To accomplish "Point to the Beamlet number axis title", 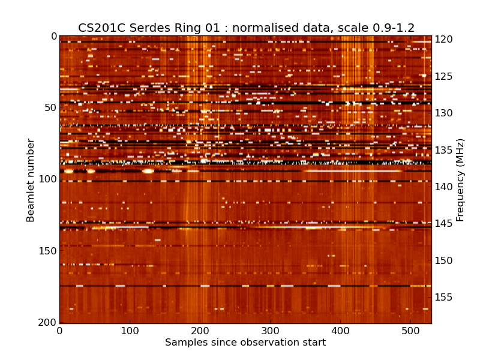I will click(31, 180).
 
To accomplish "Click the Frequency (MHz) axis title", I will click(460, 180).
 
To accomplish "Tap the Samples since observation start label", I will click(245, 343).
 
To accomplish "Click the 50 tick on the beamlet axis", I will click(50, 108).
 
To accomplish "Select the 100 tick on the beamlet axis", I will click(48, 179).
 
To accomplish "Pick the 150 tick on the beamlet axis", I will click(48, 251).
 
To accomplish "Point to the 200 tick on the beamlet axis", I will click(48, 323).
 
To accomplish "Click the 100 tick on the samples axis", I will click(130, 331).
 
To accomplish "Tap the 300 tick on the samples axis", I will click(270, 331).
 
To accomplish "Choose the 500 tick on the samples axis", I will click(410, 331).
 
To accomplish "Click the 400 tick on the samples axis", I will click(340, 331).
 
